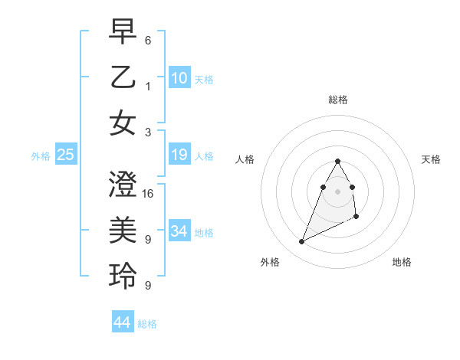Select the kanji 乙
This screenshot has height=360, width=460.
(x=123, y=77)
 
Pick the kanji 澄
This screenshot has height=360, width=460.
(x=123, y=186)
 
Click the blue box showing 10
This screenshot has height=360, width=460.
(x=179, y=77)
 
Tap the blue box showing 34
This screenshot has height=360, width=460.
(x=179, y=231)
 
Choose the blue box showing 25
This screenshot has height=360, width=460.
(x=66, y=155)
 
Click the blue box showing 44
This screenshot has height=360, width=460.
(x=123, y=322)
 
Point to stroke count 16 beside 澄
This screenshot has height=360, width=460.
(x=149, y=193)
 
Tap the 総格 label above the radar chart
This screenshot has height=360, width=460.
(x=337, y=100)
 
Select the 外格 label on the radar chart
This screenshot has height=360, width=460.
(x=270, y=262)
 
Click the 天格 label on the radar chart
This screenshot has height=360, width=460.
(x=431, y=159)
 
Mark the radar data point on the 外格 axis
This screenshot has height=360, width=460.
(x=301, y=242)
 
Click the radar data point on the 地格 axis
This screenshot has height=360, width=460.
(x=356, y=218)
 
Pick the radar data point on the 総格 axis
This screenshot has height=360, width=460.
(x=337, y=161)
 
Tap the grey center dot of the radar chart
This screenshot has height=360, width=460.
(x=337, y=191)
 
